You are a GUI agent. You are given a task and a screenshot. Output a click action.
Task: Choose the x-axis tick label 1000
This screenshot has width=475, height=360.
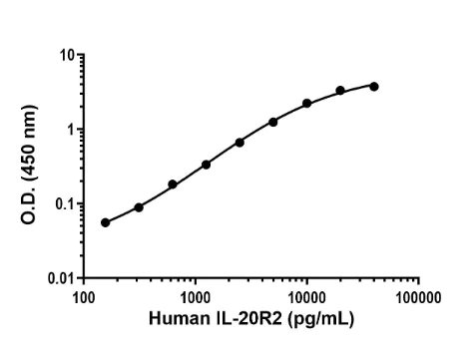pos(196,296)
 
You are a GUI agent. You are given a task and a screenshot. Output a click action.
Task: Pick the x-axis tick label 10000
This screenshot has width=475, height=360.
pos(307,296)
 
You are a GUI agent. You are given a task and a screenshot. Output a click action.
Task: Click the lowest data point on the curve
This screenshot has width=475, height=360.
pos(106,222)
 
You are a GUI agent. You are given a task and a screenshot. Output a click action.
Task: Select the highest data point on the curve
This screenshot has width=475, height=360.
pos(374,86)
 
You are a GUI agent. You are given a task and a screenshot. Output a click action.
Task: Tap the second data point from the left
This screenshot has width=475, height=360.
pos(139,207)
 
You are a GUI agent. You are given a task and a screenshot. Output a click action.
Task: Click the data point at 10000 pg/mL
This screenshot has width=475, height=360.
pos(307,104)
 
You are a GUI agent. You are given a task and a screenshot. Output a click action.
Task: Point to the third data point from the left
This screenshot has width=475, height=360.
pos(173,184)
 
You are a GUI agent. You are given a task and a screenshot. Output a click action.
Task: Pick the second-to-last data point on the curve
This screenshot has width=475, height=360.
pos(340,91)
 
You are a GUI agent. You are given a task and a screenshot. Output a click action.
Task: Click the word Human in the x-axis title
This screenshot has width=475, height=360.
pos(175,318)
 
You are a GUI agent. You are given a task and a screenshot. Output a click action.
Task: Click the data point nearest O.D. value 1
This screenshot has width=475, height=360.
pos(273,122)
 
